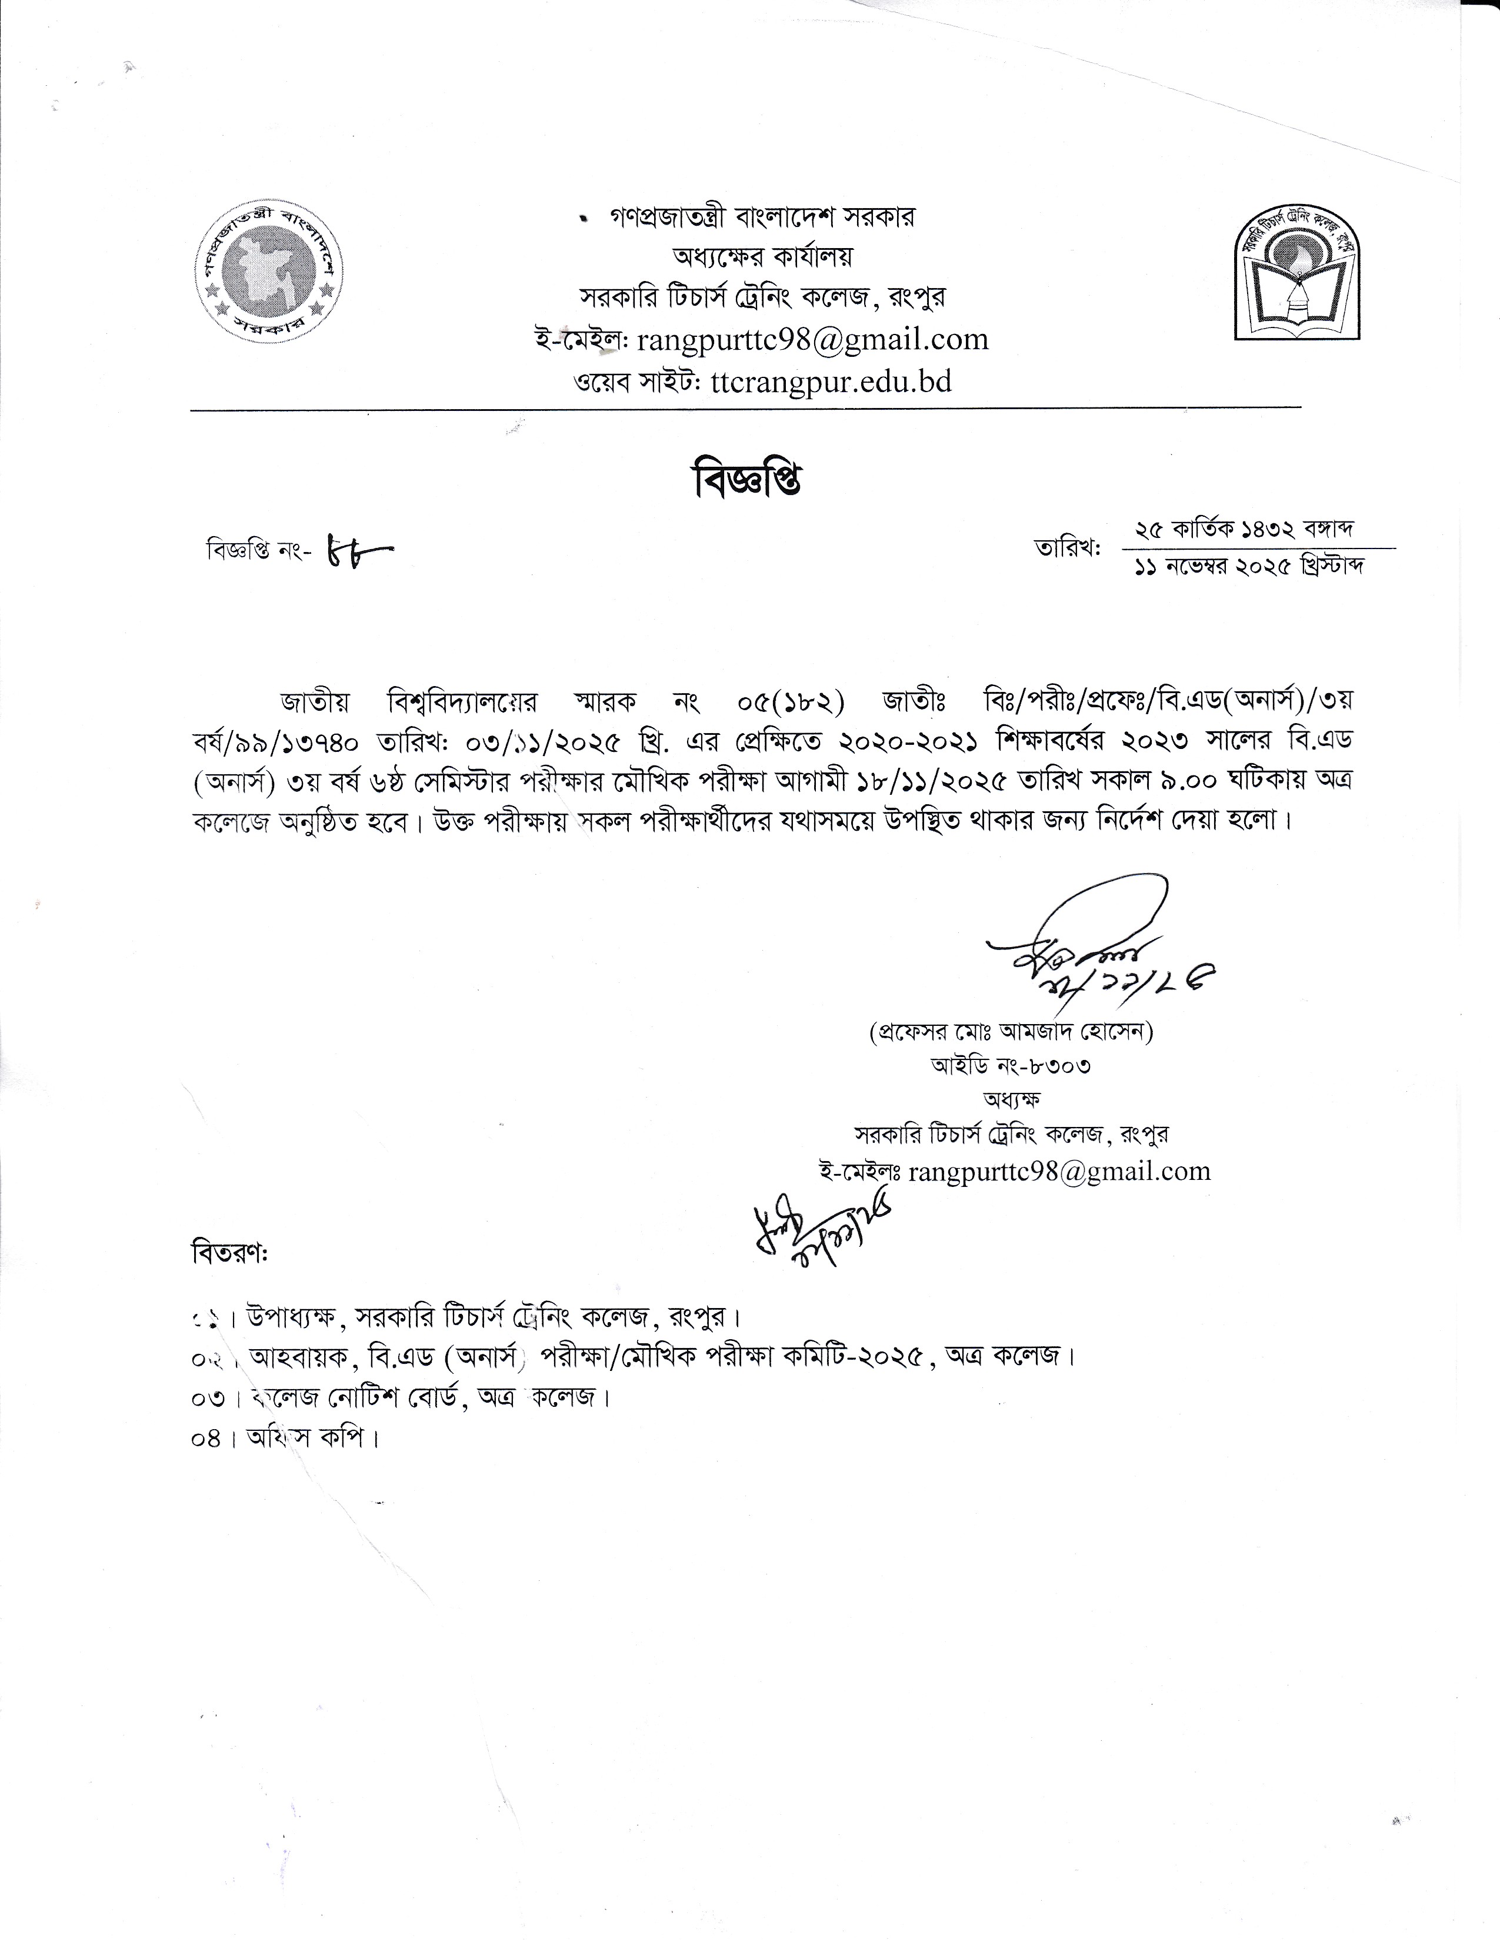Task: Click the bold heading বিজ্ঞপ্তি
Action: tap(747, 480)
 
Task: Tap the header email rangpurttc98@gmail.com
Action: tap(813, 340)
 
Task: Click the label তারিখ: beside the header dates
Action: tap(1067, 548)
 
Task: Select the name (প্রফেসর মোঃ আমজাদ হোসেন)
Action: tap(1011, 1032)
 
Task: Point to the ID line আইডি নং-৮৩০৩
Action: tap(1011, 1065)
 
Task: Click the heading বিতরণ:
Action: tap(229, 1255)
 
